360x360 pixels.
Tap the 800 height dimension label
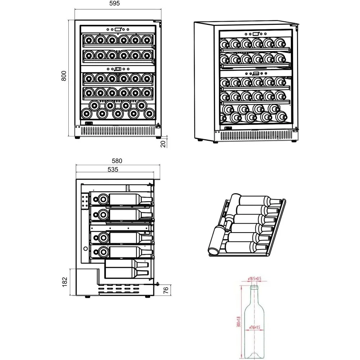(64, 77)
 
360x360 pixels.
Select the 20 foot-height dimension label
(163, 144)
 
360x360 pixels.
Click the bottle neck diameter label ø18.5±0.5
(255, 279)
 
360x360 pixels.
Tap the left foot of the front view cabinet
(77, 138)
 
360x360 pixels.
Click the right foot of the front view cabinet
(157, 138)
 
